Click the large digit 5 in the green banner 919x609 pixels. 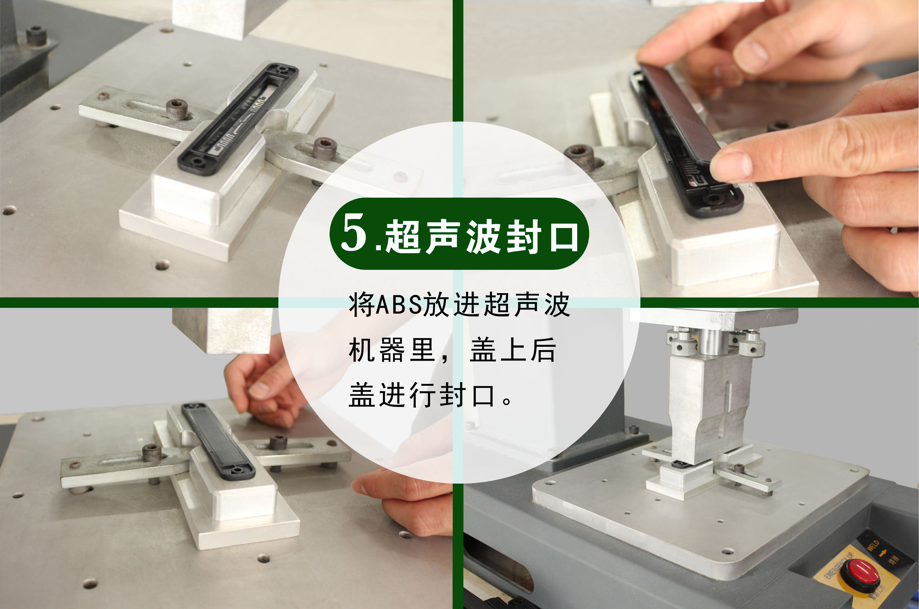point(353,233)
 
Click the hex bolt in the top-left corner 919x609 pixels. point(37,35)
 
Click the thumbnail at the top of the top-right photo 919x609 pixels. point(751,56)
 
